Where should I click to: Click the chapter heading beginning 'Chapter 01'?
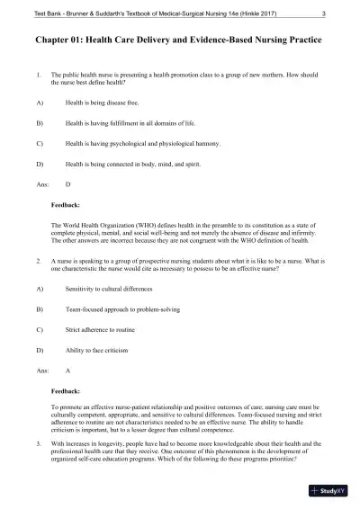[178, 41]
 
